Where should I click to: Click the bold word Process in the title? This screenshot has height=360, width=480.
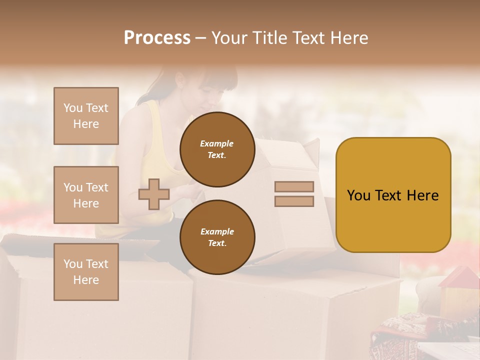pos(157,38)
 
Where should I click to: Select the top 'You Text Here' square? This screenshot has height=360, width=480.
pos(86,116)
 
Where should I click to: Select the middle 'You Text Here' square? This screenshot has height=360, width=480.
pos(86,195)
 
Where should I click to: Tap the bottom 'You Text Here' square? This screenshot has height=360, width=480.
pos(86,271)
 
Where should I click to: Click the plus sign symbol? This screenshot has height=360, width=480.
pos(154,194)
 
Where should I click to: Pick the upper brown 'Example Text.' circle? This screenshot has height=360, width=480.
pos(217,149)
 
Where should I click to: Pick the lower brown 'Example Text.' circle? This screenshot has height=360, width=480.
pos(217,237)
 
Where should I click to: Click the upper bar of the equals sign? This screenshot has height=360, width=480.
pos(294,187)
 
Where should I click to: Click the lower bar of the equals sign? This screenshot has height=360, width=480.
pos(294,201)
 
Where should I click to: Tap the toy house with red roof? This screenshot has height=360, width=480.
pos(458,292)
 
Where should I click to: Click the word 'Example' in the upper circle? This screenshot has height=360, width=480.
pos(217,143)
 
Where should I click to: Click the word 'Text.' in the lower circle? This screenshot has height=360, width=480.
pos(217,243)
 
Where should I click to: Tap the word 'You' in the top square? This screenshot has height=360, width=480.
pos(72,108)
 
